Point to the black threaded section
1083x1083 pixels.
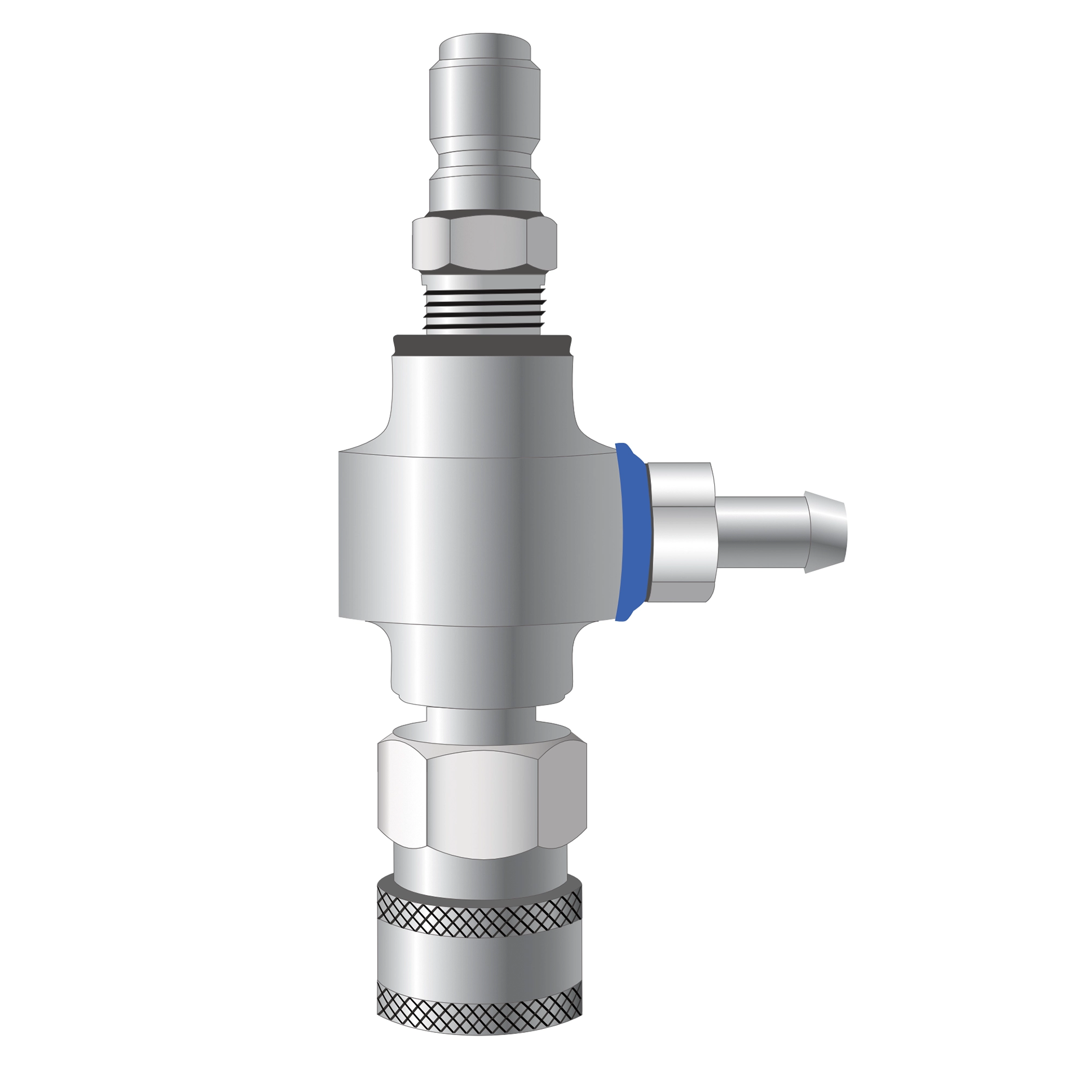[x=484, y=308]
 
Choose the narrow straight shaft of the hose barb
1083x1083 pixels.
[x=761, y=532]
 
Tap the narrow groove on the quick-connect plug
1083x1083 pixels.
[x=485, y=160]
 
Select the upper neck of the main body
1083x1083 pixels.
[x=482, y=403]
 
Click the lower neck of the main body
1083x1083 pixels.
[x=482, y=666]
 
